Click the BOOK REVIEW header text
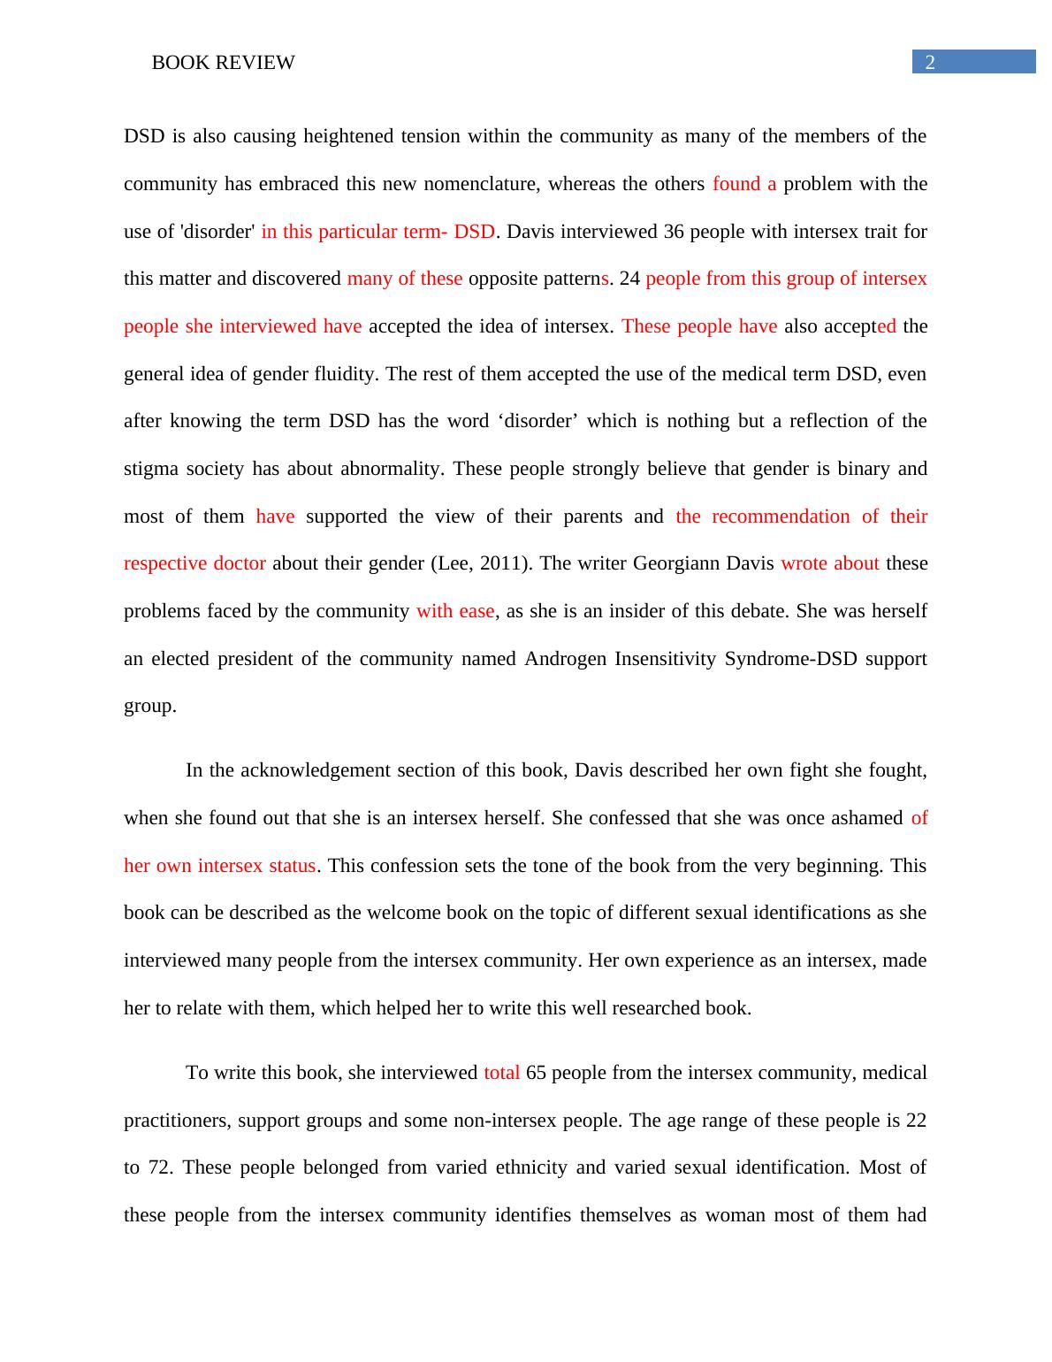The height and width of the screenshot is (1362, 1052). click(223, 63)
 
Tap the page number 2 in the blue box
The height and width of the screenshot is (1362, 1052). click(929, 62)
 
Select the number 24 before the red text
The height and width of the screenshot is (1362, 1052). click(629, 279)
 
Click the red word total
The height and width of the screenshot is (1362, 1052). click(501, 1073)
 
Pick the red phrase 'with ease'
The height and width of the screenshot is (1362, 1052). click(455, 611)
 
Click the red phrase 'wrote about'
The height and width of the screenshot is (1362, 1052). click(829, 563)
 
